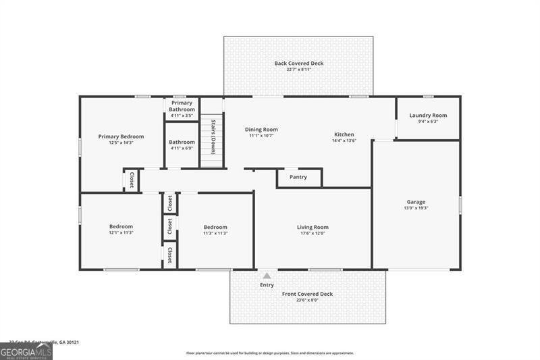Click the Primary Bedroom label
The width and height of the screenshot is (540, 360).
pyautogui.click(x=121, y=136)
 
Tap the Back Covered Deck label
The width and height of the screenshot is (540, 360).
pyautogui.click(x=298, y=63)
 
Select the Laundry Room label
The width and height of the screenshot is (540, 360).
pyautogui.click(x=428, y=115)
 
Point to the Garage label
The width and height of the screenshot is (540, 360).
pyautogui.click(x=416, y=202)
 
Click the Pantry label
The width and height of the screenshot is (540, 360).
pyautogui.click(x=298, y=178)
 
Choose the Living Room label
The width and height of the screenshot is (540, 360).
pyautogui.click(x=313, y=227)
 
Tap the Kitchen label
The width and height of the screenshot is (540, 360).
pyautogui.click(x=344, y=134)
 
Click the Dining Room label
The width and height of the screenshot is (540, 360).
pyautogui.click(x=261, y=130)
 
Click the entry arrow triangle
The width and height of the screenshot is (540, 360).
pyautogui.click(x=267, y=276)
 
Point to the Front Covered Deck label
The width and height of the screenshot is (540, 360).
pyautogui.click(x=307, y=294)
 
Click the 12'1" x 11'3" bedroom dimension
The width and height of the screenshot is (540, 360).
pyautogui.click(x=121, y=233)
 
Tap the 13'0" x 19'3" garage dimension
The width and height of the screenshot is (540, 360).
pyautogui.click(x=416, y=208)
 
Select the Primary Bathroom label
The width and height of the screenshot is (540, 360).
pyautogui.click(x=182, y=106)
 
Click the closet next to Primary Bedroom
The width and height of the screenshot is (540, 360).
pyautogui.click(x=132, y=180)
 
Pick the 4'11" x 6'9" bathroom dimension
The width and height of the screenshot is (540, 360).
pyautogui.click(x=182, y=148)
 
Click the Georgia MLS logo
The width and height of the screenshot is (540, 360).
pyautogui.click(x=26, y=351)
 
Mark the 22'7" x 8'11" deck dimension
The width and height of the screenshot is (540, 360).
pyautogui.click(x=298, y=70)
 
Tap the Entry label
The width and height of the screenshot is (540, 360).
pyautogui.click(x=267, y=285)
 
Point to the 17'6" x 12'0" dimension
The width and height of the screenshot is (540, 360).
pyautogui.click(x=313, y=233)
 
